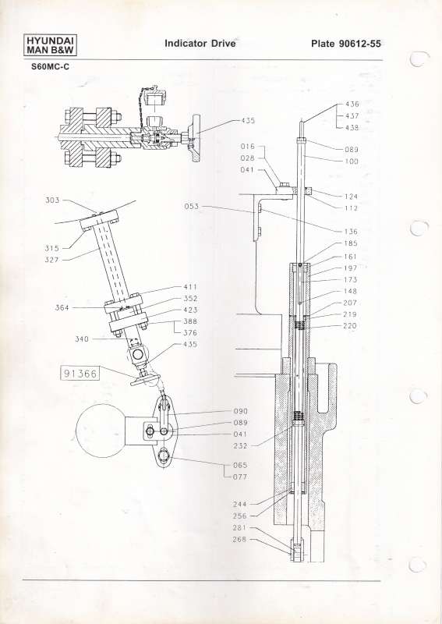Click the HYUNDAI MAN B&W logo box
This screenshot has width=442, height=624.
tap(44, 46)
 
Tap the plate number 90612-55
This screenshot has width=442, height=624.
tap(345, 44)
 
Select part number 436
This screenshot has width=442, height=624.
tap(352, 104)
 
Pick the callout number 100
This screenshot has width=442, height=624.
tap(351, 161)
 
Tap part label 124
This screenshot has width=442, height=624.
tap(351, 196)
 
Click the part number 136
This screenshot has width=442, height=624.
tap(351, 232)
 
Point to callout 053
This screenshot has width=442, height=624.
tap(192, 207)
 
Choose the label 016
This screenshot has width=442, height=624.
tap(247, 146)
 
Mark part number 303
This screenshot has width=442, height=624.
tap(53, 200)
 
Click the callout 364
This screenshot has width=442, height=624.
tap(62, 308)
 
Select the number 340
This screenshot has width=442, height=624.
tap(82, 339)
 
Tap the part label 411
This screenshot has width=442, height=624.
tap(189, 286)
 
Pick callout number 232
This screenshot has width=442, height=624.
tap(240, 446)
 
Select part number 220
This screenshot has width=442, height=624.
tap(351, 327)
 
